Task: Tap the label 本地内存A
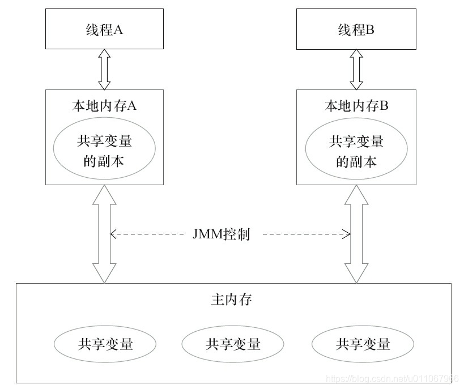pyautogui.click(x=103, y=106)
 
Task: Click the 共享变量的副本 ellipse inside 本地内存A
pyautogui.click(x=104, y=149)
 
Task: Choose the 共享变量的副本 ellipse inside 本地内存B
pyautogui.click(x=356, y=149)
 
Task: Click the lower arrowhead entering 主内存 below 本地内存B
pyautogui.click(x=356, y=275)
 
